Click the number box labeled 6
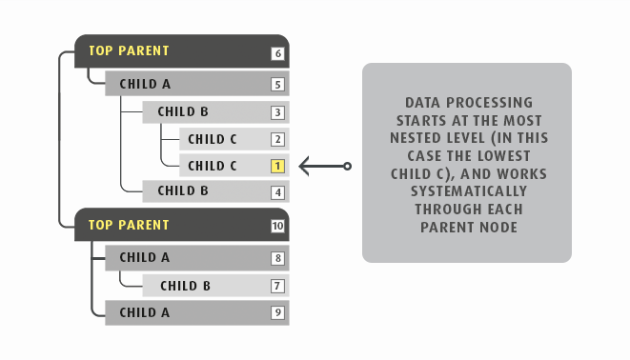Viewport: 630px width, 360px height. (277, 53)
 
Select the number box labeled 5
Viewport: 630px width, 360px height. (277, 85)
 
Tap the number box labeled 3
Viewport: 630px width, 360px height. (277, 112)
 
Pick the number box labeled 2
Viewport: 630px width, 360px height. (277, 139)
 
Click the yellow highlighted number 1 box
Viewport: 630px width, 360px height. (277, 166)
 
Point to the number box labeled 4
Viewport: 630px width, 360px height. (277, 192)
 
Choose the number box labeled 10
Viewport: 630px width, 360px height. (277, 227)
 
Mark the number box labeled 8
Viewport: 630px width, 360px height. (277, 257)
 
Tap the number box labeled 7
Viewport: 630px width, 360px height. (277, 286)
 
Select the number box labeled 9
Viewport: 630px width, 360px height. (277, 311)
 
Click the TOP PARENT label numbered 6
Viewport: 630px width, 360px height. (129, 51)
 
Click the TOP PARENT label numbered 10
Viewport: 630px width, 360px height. (129, 226)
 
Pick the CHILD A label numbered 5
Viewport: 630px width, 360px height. (145, 84)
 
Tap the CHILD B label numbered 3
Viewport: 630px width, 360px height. (183, 112)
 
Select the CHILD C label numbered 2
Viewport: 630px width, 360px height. (213, 139)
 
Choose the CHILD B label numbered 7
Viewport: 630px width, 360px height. (185, 286)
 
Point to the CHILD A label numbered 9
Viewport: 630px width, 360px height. (145, 311)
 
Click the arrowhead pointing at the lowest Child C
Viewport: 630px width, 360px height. (304, 167)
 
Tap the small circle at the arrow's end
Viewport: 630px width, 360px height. (347, 167)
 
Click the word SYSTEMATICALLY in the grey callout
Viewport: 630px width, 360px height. (466, 190)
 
